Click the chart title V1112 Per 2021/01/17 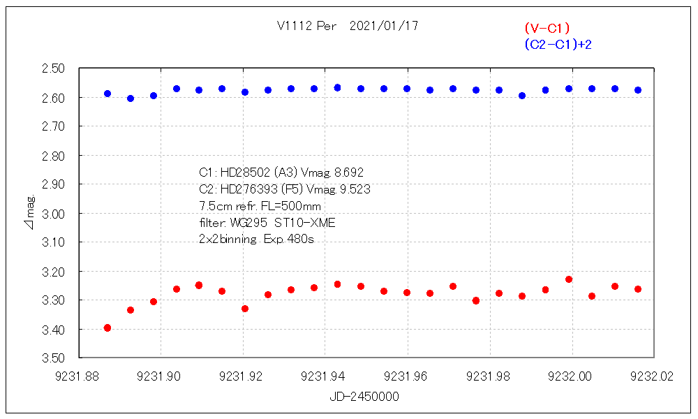348,26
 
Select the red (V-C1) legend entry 547,29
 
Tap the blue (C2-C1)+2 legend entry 558,44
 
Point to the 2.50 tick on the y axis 54,68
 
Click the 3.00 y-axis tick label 54,213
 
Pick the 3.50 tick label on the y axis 54,358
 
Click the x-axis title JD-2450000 364,396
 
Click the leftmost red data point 107,328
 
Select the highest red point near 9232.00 569,279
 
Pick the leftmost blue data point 107,94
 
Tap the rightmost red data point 638,289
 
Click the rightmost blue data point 638,90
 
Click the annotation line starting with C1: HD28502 281,172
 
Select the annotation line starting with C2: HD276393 284,189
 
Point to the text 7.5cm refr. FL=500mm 260,206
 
